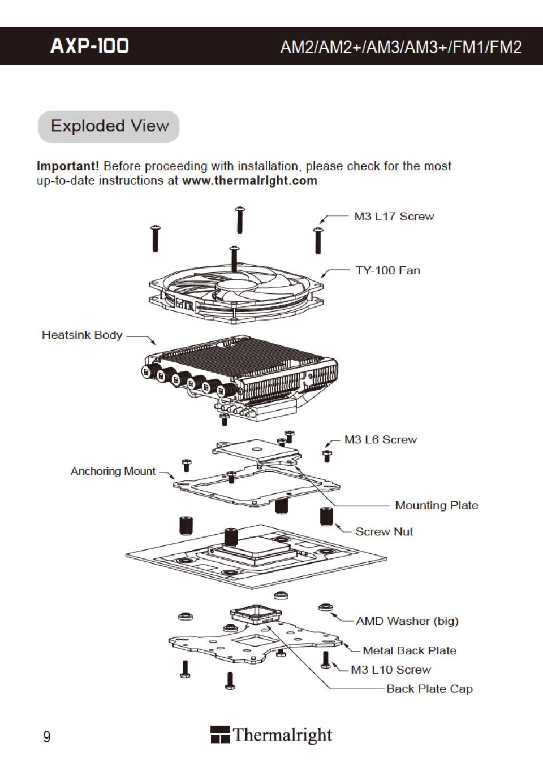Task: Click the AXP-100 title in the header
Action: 90,46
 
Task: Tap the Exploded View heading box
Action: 109,126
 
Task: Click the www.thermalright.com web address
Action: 249,181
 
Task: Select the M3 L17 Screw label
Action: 394,217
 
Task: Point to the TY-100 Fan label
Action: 388,270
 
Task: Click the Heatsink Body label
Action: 82,335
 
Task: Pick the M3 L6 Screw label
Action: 380,440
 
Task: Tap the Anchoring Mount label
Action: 113,471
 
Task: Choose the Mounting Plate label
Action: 436,505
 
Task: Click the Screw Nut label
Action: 384,531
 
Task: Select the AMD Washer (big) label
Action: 407,621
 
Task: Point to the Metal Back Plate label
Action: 409,650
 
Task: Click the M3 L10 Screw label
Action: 391,670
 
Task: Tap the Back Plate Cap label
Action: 429,689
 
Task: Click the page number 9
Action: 47,736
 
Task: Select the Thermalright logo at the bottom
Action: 271,735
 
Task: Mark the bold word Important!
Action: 67,166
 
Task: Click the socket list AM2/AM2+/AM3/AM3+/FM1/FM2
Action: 401,47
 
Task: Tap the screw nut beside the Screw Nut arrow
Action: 327,515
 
